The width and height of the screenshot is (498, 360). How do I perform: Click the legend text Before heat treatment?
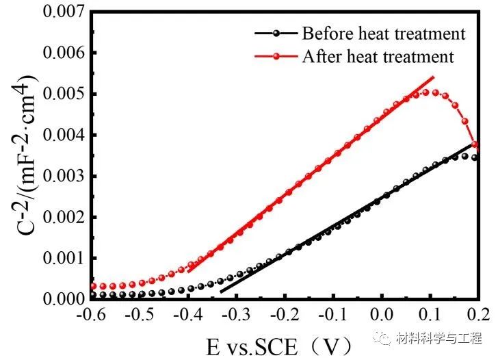(x=384, y=33)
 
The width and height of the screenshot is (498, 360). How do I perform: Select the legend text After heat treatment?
(x=378, y=56)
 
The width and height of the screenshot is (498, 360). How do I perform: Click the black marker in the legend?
(x=276, y=33)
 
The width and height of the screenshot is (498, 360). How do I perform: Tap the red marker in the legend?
(x=276, y=56)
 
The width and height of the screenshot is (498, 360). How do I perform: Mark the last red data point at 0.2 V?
(x=475, y=144)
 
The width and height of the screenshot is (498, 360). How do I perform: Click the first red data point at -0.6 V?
(x=94, y=286)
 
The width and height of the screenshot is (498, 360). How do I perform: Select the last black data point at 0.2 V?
(x=475, y=157)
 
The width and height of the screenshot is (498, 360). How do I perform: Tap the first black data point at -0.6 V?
(x=94, y=295)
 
